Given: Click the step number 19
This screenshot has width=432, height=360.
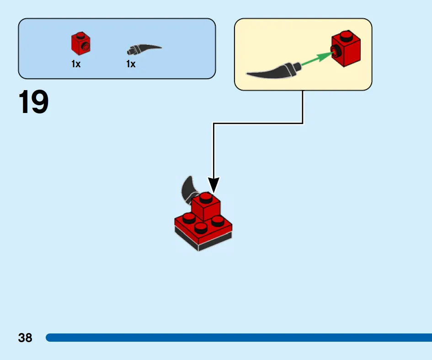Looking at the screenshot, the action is [33, 102].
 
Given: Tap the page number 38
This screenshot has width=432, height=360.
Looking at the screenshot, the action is [25, 338].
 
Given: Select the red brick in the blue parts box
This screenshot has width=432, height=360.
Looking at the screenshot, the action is [81, 43].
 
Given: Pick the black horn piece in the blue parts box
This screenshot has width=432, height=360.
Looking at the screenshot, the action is [144, 49].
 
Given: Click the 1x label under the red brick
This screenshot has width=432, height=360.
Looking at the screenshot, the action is [76, 64].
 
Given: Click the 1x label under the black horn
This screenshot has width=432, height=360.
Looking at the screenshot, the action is [131, 64].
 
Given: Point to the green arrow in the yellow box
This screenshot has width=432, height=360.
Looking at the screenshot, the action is [317, 59].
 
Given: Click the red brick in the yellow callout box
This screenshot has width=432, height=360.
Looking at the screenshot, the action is [346, 48].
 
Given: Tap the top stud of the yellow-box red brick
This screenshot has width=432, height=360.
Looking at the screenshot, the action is [346, 35].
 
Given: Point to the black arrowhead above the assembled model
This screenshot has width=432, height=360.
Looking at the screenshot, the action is [213, 185].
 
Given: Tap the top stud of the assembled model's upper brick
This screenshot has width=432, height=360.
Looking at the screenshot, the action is [206, 197].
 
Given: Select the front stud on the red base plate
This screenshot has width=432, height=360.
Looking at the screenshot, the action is [201, 228].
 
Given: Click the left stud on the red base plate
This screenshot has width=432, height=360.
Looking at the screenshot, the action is [189, 218].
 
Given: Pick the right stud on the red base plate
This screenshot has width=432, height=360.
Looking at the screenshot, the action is [218, 220].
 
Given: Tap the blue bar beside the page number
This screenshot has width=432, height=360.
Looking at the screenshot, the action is [239, 338].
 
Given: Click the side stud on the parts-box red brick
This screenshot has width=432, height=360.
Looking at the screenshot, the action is [86, 47].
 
